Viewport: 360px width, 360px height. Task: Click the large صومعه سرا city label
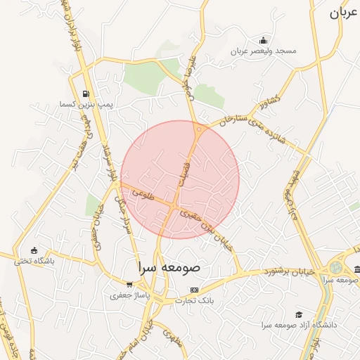click(169, 268)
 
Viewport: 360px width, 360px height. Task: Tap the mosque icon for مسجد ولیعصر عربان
click(263, 40)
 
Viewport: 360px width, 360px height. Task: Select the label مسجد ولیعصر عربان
click(266, 51)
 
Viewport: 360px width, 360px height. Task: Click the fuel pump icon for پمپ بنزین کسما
click(86, 94)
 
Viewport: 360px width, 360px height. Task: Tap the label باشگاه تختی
click(34, 261)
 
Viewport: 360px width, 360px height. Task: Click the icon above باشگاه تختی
click(34, 250)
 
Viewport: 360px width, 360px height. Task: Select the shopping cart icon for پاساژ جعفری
click(129, 285)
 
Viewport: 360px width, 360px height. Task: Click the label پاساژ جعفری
click(128, 296)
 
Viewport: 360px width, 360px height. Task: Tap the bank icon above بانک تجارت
click(194, 290)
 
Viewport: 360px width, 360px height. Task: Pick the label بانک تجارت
click(194, 300)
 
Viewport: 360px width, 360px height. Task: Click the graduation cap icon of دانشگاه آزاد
click(299, 314)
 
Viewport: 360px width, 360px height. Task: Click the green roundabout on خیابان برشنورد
click(336, 268)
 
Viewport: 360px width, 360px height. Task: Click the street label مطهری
click(172, 337)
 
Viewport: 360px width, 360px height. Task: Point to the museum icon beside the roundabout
click(357, 269)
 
